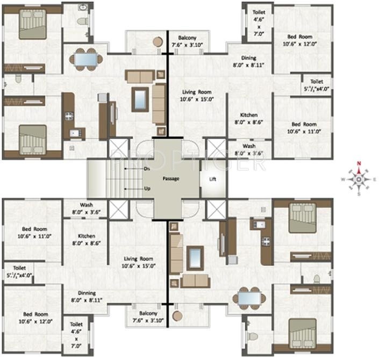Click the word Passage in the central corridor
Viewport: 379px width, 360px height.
coord(171,179)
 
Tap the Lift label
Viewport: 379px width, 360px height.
coord(213,179)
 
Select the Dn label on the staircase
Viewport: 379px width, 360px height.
coord(147,169)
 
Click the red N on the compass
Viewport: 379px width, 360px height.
coord(358,165)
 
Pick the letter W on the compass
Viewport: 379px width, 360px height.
coord(342,179)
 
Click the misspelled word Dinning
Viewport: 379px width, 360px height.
coord(87,293)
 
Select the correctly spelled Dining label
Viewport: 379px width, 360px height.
coord(249,58)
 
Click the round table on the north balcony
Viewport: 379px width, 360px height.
coord(157,41)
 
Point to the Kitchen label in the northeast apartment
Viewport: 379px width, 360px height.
coord(248,116)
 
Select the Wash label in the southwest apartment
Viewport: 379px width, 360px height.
coord(87,205)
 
